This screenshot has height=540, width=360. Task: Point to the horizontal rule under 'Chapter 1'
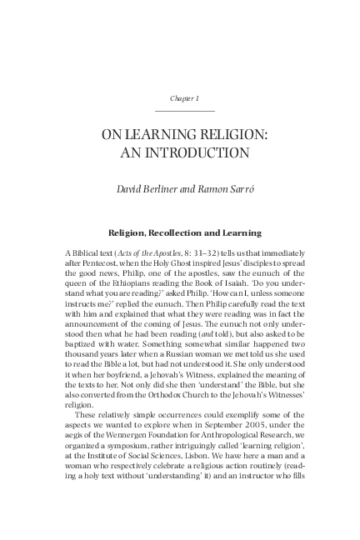click(x=184, y=111)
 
